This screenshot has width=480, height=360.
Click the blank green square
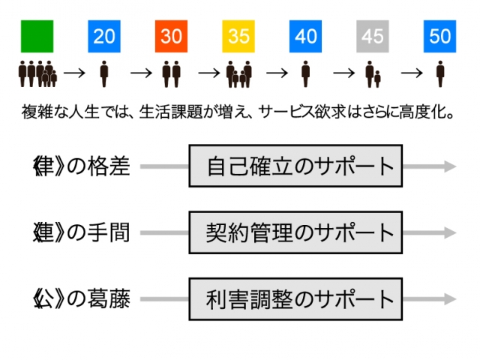(x=37, y=37)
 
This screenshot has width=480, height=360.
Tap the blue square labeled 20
(x=104, y=37)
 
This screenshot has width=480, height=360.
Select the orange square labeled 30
(x=171, y=37)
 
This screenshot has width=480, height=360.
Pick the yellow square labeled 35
(x=238, y=37)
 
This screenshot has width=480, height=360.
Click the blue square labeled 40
(x=305, y=37)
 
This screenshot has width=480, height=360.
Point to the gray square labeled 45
(x=373, y=37)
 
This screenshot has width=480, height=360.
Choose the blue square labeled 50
(x=439, y=37)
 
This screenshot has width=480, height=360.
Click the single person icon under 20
(x=104, y=74)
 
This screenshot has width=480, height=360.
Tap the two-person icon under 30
(x=171, y=74)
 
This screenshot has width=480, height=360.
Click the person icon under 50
(x=440, y=74)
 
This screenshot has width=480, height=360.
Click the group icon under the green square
(x=37, y=74)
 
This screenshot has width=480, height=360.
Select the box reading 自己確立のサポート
(x=295, y=166)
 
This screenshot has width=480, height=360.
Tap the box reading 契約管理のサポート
(x=295, y=232)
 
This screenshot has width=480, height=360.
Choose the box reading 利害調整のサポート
(x=295, y=299)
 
